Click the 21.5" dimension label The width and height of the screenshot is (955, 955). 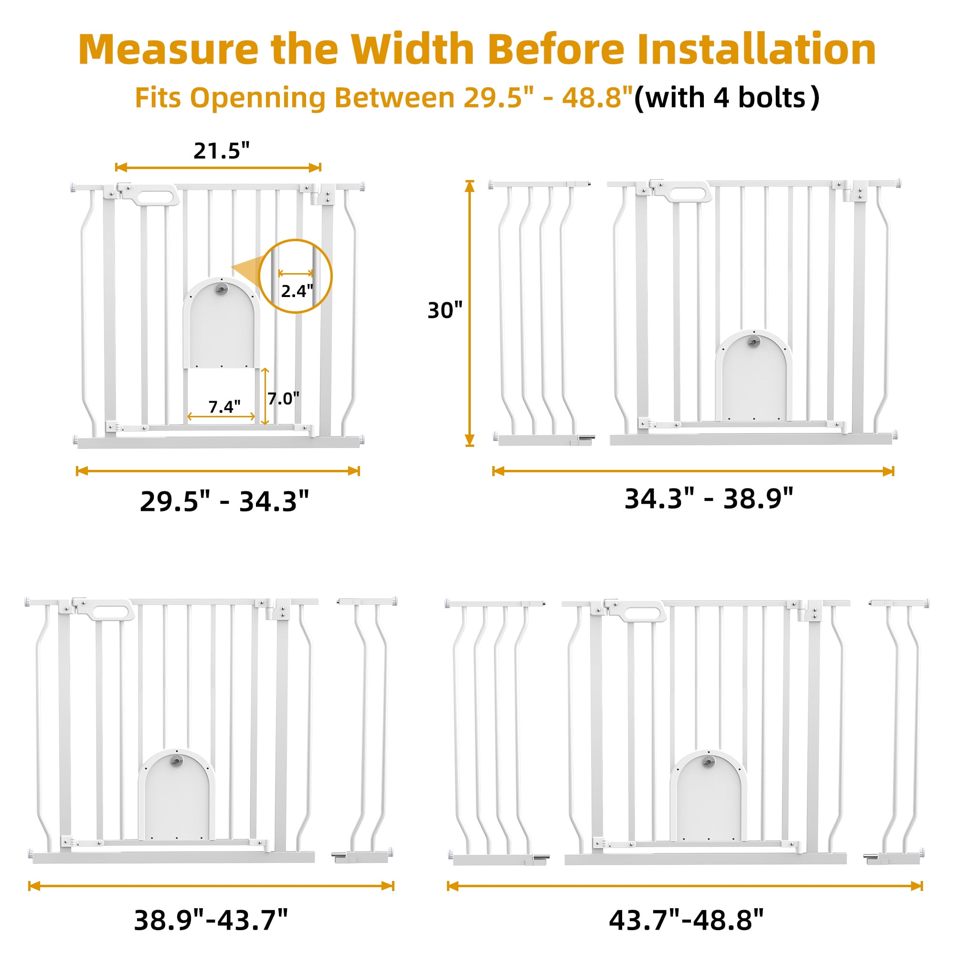click(x=222, y=150)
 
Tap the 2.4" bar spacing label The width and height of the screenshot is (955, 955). click(x=297, y=291)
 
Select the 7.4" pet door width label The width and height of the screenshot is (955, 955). click(x=224, y=406)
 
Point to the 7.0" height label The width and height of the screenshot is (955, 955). click(x=284, y=398)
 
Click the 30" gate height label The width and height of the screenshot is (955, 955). click(x=445, y=310)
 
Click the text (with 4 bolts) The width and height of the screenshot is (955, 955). click(x=727, y=98)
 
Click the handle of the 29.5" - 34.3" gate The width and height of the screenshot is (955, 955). click(x=154, y=195)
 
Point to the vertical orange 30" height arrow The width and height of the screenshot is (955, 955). click(x=469, y=313)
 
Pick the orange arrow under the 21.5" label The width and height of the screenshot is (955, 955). click(x=218, y=168)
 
